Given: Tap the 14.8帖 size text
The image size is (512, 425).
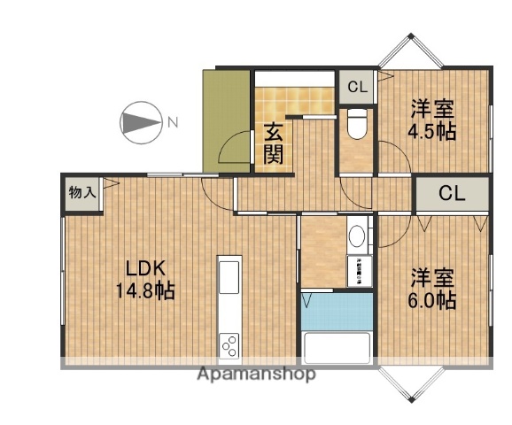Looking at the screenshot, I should tap(144, 291).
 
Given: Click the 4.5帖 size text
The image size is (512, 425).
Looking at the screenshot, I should tap(431, 132).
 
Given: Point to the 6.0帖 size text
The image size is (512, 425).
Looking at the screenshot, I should tap(431, 299).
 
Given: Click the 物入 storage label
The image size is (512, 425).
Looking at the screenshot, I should tap(82, 192).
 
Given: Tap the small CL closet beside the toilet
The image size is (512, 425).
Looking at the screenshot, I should tap(357, 87).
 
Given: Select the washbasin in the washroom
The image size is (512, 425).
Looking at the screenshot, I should tap(357, 236).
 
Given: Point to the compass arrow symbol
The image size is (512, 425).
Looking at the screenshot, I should tap(140, 122).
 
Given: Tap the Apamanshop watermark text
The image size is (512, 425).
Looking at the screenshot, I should tap(256, 374).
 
